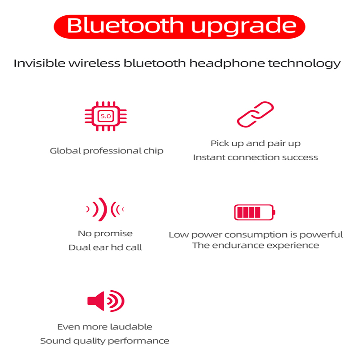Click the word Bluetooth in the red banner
pyautogui.click(x=126, y=26)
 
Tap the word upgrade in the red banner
pyautogui.click(x=243, y=27)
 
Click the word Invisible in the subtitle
pyautogui.click(x=40, y=63)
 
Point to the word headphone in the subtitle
pyautogui.click(x=227, y=63)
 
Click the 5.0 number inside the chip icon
pyautogui.click(x=106, y=116)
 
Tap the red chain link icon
pyautogui.click(x=255, y=114)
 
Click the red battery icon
pyautogui.click(x=255, y=212)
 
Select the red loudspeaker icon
pyautogui.click(x=106, y=301)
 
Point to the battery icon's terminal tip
pyautogui.click(x=274, y=212)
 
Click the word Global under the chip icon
pyautogui.click(x=65, y=151)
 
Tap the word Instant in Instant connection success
pyautogui.click(x=209, y=157)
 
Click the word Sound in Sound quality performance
pyautogui.click(x=55, y=341)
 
